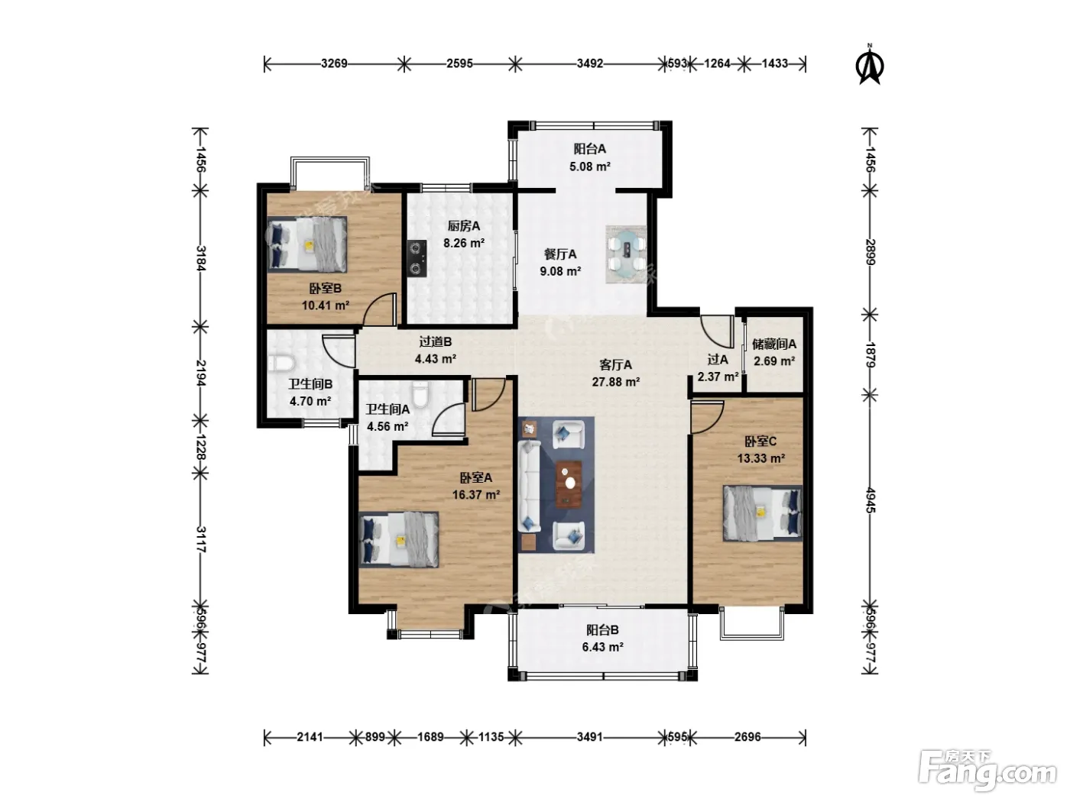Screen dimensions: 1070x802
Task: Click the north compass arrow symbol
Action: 870,64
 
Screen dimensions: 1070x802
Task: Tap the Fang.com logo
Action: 987,771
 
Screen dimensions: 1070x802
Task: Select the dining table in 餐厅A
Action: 626,254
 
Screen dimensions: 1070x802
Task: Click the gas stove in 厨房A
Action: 417,258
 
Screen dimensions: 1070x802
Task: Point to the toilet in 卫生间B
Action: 281,364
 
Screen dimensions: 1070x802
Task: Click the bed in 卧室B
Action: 307,244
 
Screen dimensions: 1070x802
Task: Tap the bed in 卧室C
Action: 763,513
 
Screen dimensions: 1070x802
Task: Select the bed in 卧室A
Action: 399,539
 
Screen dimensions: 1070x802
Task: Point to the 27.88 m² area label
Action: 616,382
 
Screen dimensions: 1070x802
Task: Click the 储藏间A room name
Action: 774,344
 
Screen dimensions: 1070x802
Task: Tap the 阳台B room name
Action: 602,630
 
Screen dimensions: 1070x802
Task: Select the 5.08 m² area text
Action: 590,167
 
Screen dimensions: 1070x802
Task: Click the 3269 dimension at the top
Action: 334,63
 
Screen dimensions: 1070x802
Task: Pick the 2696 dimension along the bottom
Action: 747,737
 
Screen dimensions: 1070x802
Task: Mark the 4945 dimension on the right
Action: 870,500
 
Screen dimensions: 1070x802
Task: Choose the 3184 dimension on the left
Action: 201,258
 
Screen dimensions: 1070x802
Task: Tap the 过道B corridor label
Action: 436,342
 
